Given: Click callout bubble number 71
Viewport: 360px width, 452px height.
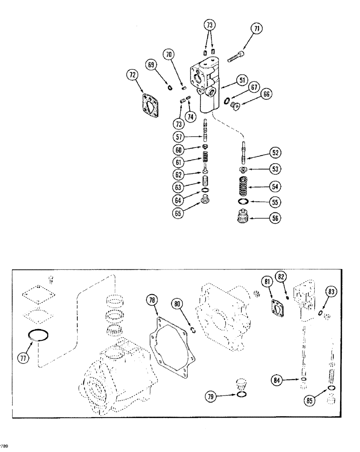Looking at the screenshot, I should point(257,30).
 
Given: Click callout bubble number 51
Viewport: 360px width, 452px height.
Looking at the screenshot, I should point(242,80).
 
